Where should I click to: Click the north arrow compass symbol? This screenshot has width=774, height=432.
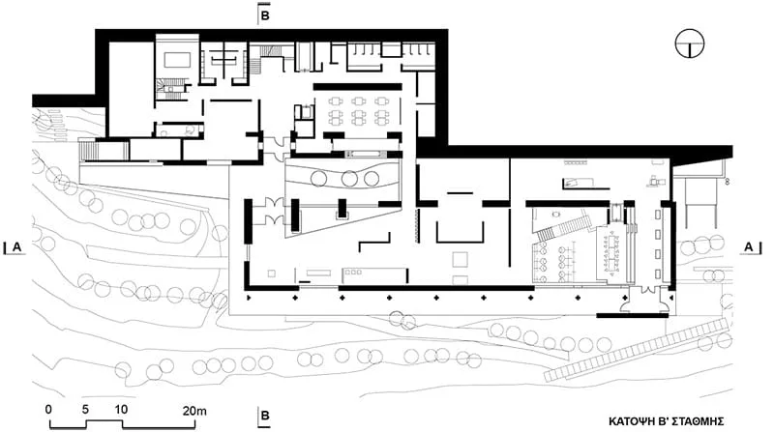click(x=690, y=43)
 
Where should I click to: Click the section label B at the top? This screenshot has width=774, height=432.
click(x=264, y=15)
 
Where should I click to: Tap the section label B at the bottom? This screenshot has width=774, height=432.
click(x=264, y=416)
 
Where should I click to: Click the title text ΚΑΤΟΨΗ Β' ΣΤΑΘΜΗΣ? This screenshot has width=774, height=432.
click(x=666, y=421)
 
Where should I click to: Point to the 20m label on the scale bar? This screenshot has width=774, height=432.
click(x=195, y=410)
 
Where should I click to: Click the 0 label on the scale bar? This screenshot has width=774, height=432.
click(x=48, y=410)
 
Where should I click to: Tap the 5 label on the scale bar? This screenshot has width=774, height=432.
click(x=85, y=410)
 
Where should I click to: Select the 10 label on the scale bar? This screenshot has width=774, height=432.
click(x=121, y=410)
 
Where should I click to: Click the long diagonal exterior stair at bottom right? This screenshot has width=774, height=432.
click(x=637, y=350)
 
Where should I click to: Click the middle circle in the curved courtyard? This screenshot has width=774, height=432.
click(x=349, y=179)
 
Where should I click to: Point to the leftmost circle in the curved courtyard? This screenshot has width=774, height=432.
click(x=318, y=178)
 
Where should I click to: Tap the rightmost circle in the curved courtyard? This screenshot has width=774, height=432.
click(x=372, y=179)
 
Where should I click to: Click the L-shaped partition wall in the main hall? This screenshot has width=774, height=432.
click(x=375, y=243)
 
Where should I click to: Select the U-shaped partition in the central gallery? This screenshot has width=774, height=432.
click(x=460, y=242)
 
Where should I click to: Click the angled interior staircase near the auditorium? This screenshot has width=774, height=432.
click(x=564, y=228)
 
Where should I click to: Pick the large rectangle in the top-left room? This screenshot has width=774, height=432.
click(x=178, y=61)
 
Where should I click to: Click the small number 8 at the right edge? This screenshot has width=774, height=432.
click(x=728, y=182)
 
